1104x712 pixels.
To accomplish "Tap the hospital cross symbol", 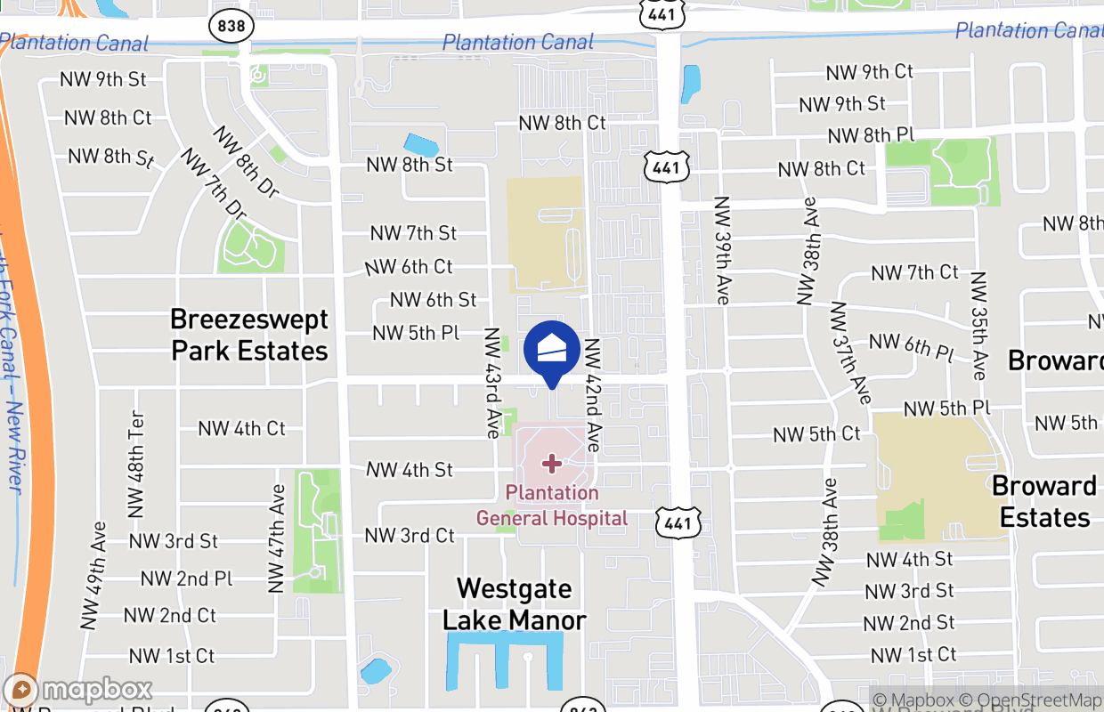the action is [x=552, y=463].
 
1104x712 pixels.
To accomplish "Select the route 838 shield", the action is [x=231, y=26].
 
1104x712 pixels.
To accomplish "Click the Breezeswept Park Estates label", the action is [x=249, y=335].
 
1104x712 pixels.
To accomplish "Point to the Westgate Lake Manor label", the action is [x=515, y=603].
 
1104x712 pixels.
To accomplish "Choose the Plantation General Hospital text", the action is [x=552, y=506].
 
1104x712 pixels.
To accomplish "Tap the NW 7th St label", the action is [x=414, y=233].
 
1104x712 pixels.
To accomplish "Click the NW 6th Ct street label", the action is [x=409, y=267].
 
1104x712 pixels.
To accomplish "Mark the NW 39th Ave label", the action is [x=721, y=250].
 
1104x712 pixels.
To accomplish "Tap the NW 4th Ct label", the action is [x=241, y=428].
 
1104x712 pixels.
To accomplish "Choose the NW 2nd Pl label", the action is [x=187, y=578].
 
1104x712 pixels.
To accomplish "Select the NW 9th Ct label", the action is [x=870, y=72].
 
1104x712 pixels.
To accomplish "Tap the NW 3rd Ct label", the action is [x=410, y=536].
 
